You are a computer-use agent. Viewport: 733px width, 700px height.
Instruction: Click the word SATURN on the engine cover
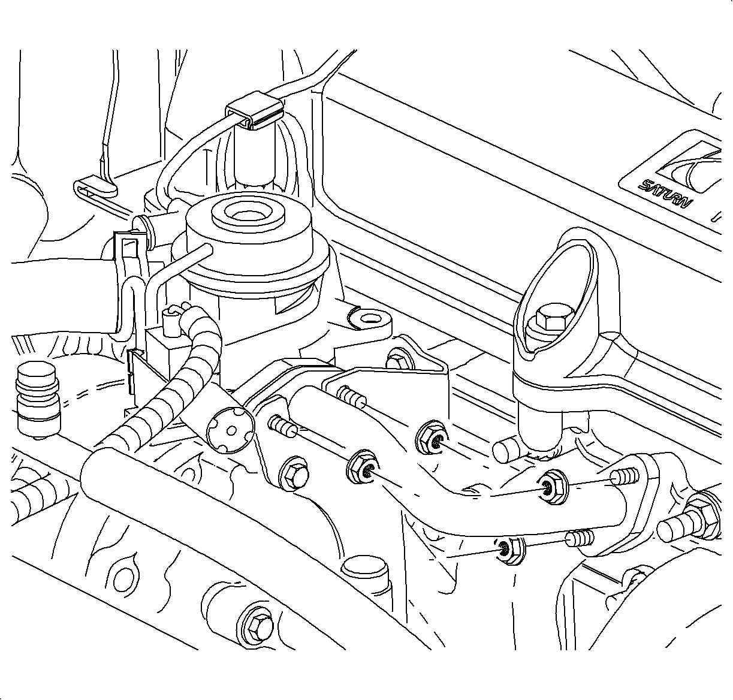click(666, 192)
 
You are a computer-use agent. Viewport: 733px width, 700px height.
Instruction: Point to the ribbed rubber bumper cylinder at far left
click(38, 398)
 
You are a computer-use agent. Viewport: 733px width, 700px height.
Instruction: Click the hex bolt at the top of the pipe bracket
click(397, 361)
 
